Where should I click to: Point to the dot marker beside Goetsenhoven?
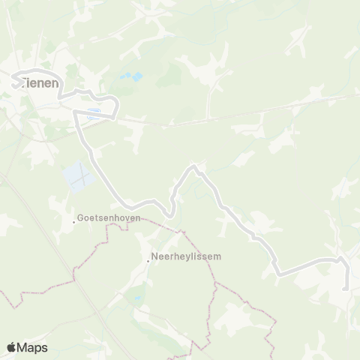tap(73, 221)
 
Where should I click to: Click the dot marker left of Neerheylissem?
tap(148, 261)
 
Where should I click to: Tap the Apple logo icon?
tap(11, 347)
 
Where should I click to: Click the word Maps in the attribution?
tap(32, 347)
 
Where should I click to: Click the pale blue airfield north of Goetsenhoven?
tap(79, 177)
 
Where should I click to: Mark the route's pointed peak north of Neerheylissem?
tap(194, 165)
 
